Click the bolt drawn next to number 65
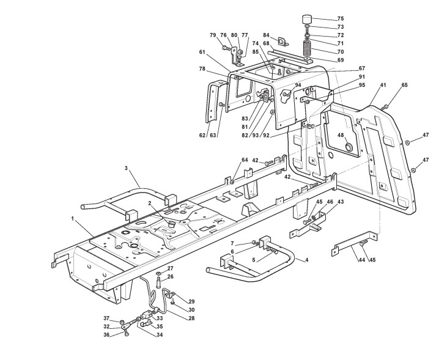pos(386,108)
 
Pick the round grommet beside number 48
pos(349,147)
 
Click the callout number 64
pos(245,160)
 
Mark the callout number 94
pos(298,86)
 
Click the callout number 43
pos(341,202)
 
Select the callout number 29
pos(191,301)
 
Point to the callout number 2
pos(149,204)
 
